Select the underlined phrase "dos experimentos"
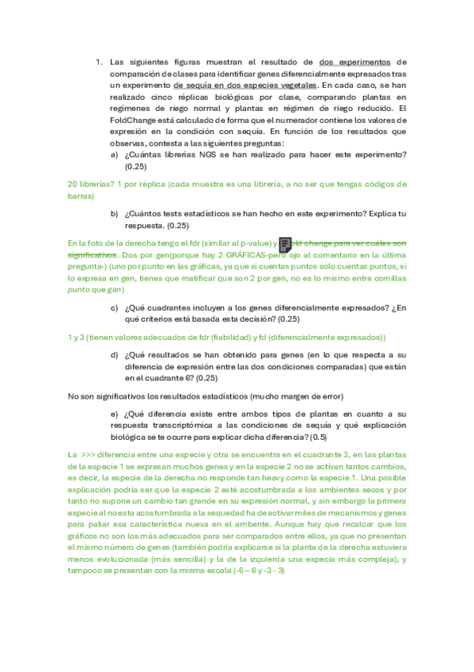(x=354, y=62)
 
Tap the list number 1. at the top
(x=99, y=62)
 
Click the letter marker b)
(x=116, y=214)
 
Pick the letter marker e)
(x=116, y=414)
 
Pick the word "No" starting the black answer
(x=74, y=395)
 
